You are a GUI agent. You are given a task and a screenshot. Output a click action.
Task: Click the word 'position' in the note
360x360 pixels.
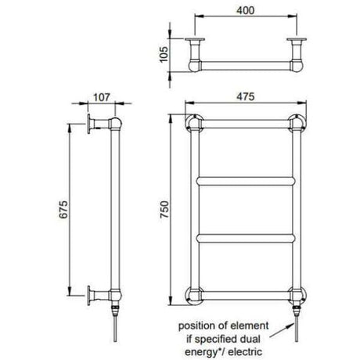pos(199,324)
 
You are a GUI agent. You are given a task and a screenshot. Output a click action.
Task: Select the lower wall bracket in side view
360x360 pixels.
pos(94,295)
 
